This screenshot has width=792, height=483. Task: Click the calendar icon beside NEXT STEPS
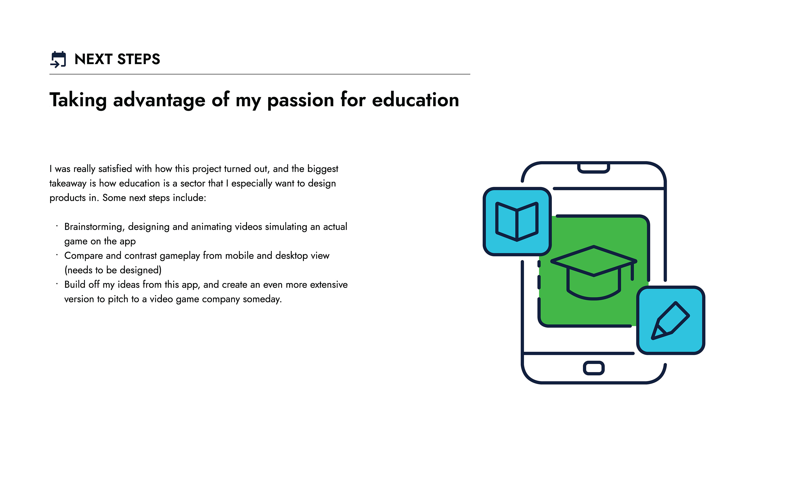coord(58,59)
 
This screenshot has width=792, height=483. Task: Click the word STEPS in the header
coord(139,59)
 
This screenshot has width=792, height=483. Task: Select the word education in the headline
coord(415,100)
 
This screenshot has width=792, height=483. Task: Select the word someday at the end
coord(262,299)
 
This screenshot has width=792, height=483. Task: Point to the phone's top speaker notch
coord(593,168)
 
